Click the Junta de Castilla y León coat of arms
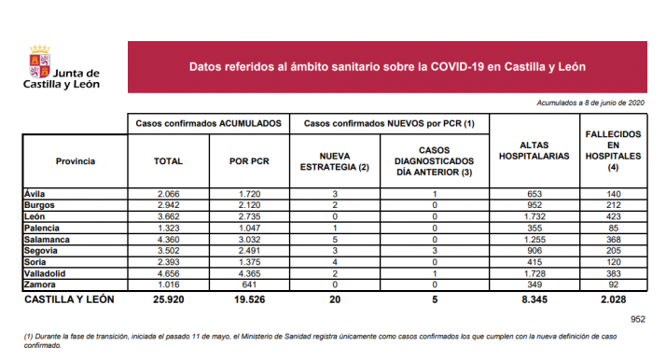(39, 66)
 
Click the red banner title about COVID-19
(387, 67)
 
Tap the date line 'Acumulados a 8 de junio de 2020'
(591, 103)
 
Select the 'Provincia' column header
(75, 161)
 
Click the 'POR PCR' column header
(250, 161)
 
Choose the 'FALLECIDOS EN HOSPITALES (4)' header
(612, 151)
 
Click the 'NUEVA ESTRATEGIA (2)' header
(335, 161)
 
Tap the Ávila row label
(36, 192)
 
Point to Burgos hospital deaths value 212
(612, 203)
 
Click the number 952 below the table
(637, 320)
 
